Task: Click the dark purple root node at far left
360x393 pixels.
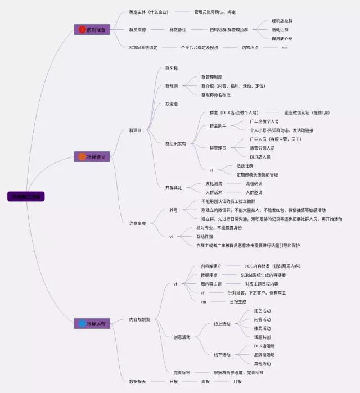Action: point(25,197)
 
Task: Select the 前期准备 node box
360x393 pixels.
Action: point(92,29)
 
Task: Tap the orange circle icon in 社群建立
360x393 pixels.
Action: point(82,157)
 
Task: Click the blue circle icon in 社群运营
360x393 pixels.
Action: point(82,323)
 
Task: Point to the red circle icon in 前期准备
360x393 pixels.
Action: point(82,29)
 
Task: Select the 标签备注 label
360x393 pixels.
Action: point(178,29)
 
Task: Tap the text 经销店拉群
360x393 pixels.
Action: point(282,21)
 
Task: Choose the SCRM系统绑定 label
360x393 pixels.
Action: point(143,48)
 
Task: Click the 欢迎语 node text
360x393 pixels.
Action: point(172,104)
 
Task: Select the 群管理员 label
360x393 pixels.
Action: point(218,148)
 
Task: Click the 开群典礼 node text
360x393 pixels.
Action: point(173,188)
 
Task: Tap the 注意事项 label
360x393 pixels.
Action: point(137,223)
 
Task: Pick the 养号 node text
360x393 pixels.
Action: point(174,210)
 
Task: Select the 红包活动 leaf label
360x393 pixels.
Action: point(262,310)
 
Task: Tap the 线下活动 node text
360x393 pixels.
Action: point(222,355)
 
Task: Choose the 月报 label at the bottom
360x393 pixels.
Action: point(238,381)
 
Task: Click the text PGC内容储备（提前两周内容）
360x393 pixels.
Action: point(272,266)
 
